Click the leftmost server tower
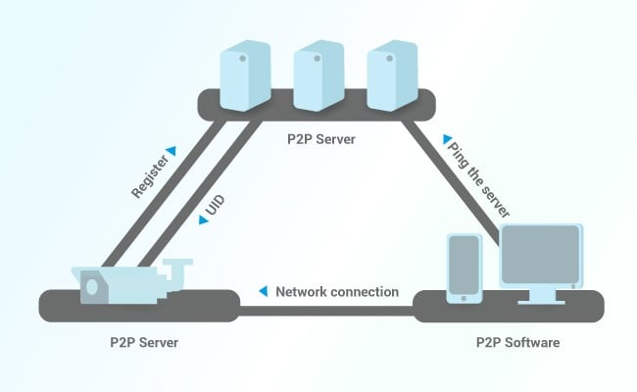coord(245,75)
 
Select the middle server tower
coord(318,75)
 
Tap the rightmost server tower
coord(392,75)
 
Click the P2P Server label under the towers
coord(320,139)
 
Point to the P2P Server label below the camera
coord(144,342)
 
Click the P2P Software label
coord(518,342)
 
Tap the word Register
coord(150,176)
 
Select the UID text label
coord(216,205)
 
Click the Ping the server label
coord(478,180)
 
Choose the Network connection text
coord(337,292)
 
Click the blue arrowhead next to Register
coord(171,151)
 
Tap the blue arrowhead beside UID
coord(203,220)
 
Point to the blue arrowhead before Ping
coord(447,139)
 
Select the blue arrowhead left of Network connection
coord(264,291)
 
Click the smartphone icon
coord(465,269)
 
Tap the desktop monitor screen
coord(540,255)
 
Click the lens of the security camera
coord(92,287)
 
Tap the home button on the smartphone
coord(464,299)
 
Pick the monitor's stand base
coord(541,302)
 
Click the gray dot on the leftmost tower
coord(243,59)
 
